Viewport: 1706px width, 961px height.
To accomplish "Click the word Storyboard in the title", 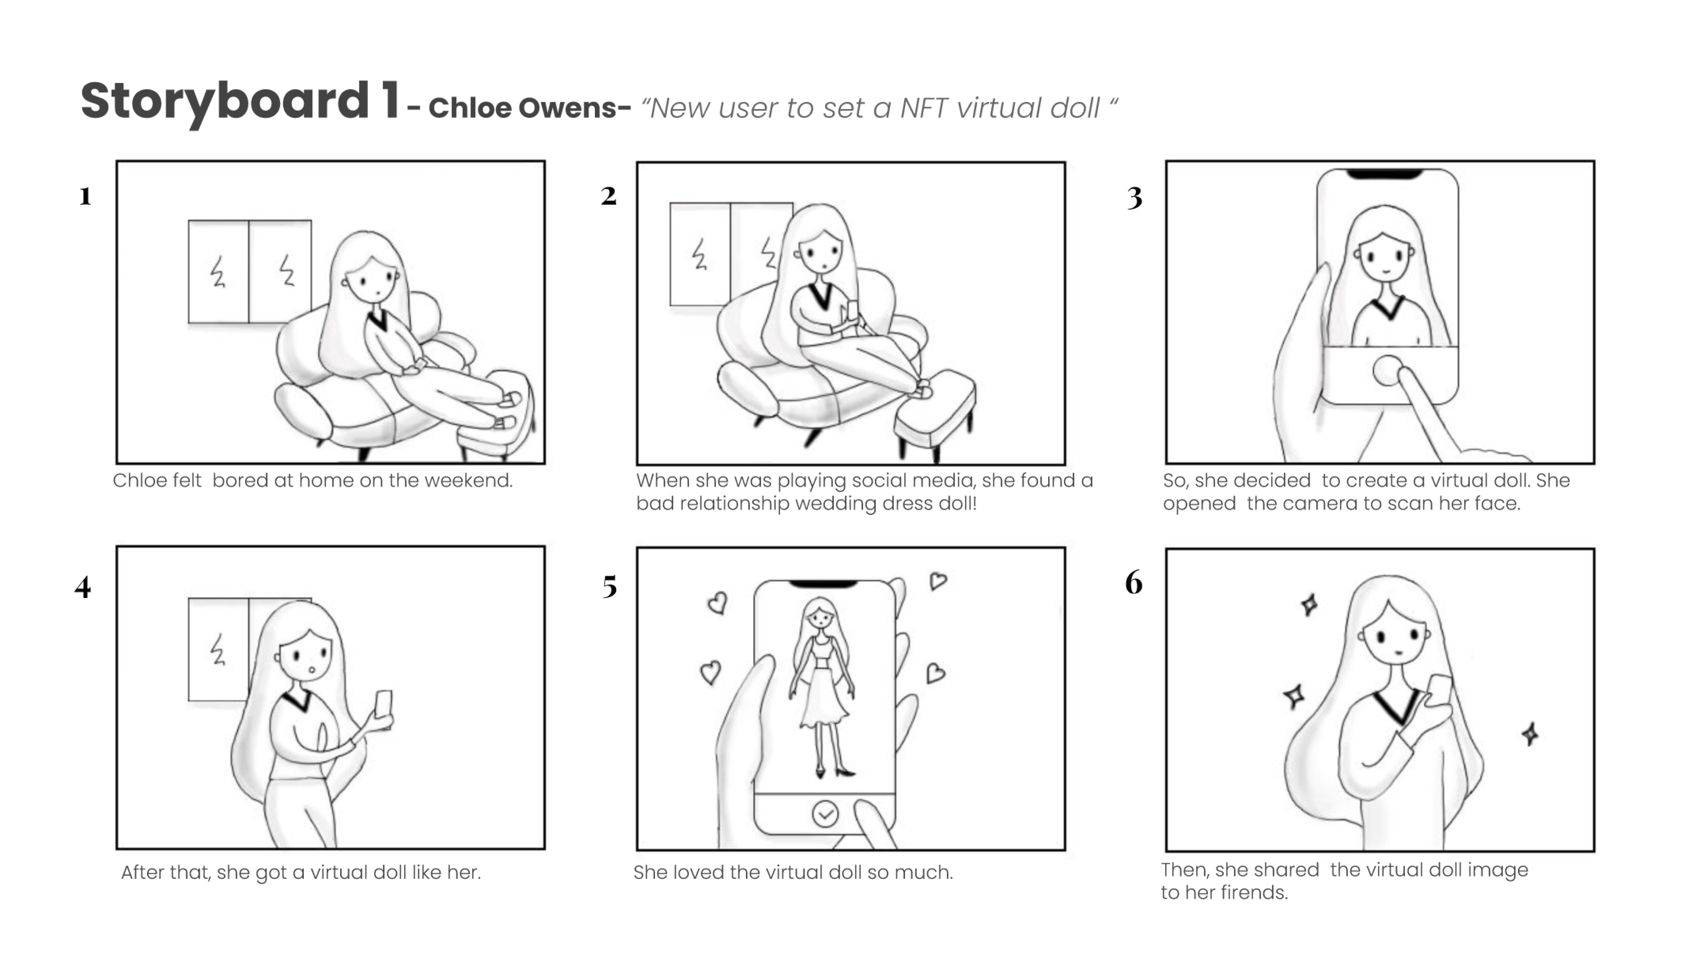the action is [x=225, y=101].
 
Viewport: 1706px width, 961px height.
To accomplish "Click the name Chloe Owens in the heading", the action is [x=522, y=108].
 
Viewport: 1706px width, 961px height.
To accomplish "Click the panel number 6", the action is [x=1134, y=582].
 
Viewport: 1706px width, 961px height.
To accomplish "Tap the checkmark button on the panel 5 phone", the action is [x=825, y=813].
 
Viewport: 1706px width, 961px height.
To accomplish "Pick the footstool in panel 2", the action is [x=935, y=411].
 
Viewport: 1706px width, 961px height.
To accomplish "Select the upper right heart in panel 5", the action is [x=938, y=581].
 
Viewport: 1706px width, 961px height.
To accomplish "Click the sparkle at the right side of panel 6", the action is [x=1530, y=733].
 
